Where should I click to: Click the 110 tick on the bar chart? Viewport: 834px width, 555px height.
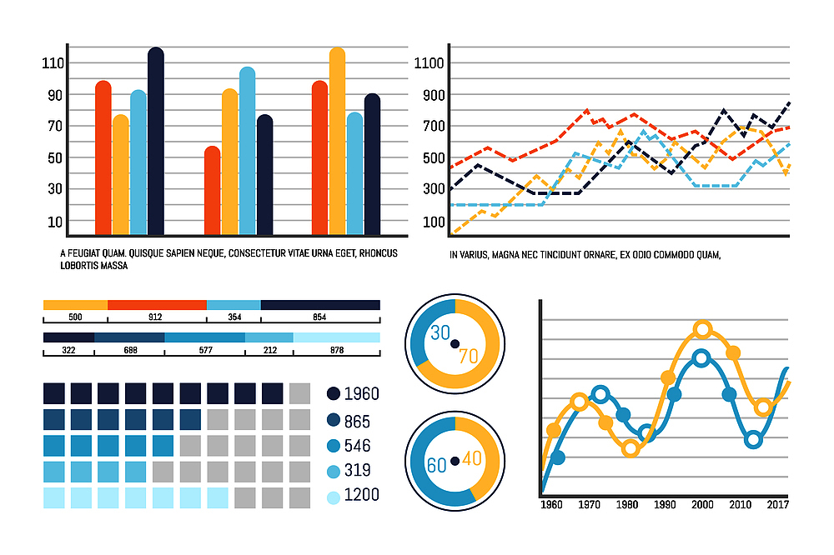53,62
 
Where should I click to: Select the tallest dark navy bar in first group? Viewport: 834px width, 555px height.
155,142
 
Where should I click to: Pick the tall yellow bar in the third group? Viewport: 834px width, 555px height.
337,142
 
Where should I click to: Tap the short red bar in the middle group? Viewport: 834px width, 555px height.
213,191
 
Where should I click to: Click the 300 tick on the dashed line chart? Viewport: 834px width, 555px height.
433,189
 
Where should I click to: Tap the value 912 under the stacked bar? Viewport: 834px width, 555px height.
156,317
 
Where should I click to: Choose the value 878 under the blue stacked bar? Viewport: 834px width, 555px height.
337,350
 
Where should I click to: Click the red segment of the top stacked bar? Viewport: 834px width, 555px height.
157,305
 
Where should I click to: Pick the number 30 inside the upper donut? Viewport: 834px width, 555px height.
440,332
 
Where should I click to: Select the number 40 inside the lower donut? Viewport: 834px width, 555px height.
472,458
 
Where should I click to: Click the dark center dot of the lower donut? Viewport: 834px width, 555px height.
455,461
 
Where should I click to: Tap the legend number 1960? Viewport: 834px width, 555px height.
361,393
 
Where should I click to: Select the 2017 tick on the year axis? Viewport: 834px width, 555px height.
777,505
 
